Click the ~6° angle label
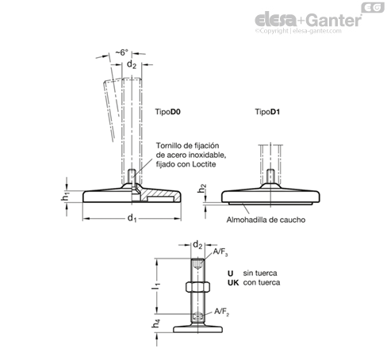(x=121, y=52)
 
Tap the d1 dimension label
(x=132, y=218)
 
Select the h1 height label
(x=65, y=197)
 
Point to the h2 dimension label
(x=202, y=189)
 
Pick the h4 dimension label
(x=156, y=324)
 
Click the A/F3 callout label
(x=220, y=252)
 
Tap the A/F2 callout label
(x=221, y=312)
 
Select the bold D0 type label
(x=175, y=112)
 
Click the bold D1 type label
(x=275, y=112)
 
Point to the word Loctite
(x=204, y=164)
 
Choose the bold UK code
(x=233, y=282)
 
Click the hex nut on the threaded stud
(x=197, y=287)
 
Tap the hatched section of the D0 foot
(x=159, y=194)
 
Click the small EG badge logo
(x=373, y=7)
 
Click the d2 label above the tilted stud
(x=132, y=64)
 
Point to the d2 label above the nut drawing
(x=197, y=245)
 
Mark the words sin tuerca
(x=260, y=273)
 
